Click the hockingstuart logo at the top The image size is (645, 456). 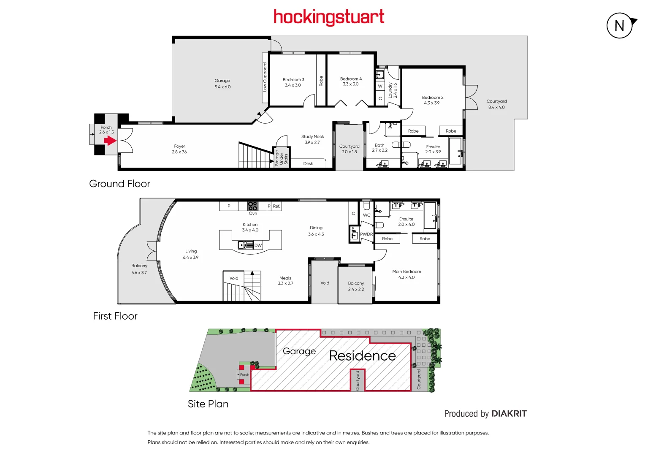point(329,17)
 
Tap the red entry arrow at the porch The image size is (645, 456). point(110,140)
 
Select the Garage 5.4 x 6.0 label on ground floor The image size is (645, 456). point(222,84)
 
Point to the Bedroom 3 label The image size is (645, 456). point(293,82)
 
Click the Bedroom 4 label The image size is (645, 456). point(351,81)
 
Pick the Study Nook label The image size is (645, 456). point(312,139)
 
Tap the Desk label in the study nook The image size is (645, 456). point(308,163)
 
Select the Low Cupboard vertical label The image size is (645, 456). point(265,77)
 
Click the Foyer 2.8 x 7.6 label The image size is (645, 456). point(179,149)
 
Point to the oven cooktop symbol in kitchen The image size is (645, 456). point(252,206)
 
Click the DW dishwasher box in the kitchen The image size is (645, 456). point(258,245)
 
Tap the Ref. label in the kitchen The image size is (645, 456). point(276,206)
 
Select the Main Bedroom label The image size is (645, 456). point(407,274)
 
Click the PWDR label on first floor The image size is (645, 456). point(366,234)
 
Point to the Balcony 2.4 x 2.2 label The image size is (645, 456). point(356,286)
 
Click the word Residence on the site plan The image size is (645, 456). point(363,356)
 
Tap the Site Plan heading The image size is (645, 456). point(208,404)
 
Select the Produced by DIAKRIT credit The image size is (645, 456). point(485,414)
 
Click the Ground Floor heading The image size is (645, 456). point(119,184)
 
